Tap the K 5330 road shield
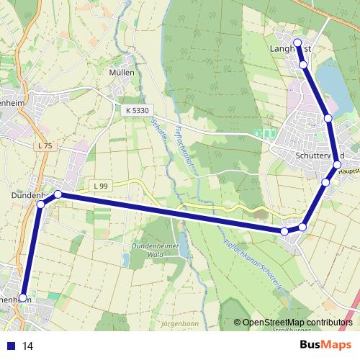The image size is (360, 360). click(136, 110)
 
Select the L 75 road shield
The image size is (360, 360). click(44, 146)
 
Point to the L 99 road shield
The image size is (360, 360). click(100, 186)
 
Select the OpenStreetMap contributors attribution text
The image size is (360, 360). click(297, 323)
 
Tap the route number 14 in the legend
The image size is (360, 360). click(28, 346)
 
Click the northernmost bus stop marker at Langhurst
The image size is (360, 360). click(297, 42)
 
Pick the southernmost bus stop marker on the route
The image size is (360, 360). click(22, 297)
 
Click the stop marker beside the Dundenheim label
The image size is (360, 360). click(41, 204)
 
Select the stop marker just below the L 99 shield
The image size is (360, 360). click(58, 194)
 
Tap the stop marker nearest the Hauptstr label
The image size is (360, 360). click(336, 166)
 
